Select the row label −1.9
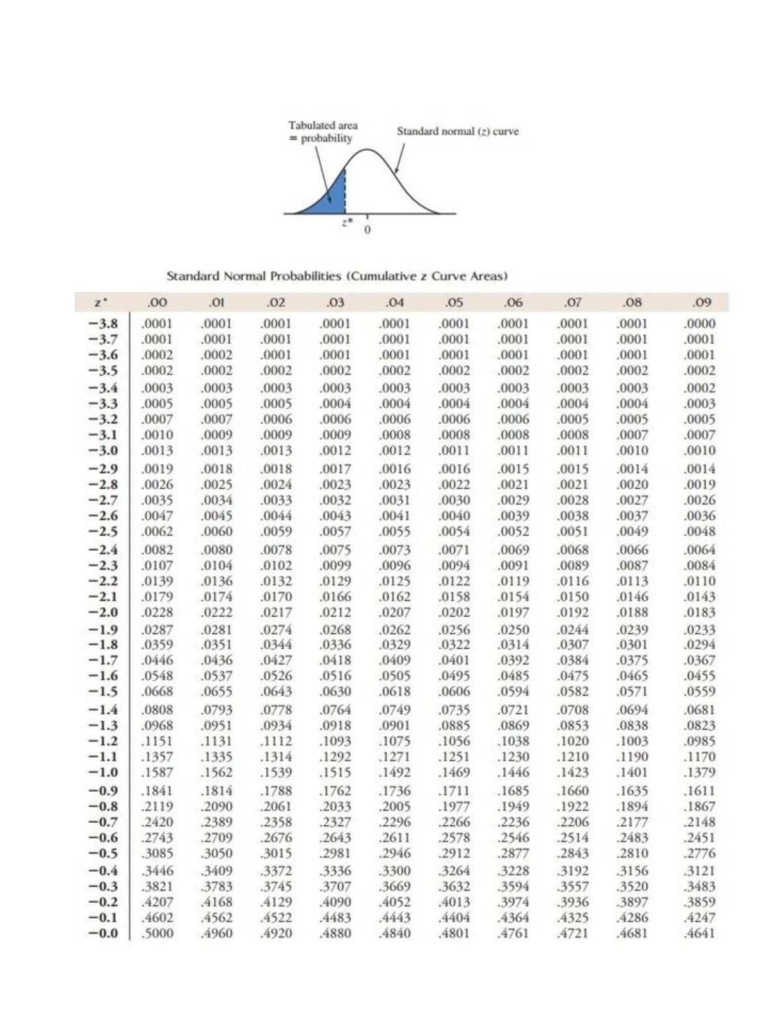pos(103,630)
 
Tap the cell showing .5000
pos(158,933)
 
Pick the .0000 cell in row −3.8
pos(700,324)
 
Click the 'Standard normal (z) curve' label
pos(458,132)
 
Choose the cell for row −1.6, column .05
pos(454,676)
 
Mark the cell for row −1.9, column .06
pos(514,630)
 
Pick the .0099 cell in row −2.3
pos(336,565)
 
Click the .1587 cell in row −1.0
pos(158,772)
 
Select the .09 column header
pos(702,302)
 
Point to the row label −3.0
pos(103,450)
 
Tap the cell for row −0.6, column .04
pos(395,837)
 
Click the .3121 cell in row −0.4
pos(700,871)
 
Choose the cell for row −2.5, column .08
pos(633,531)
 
